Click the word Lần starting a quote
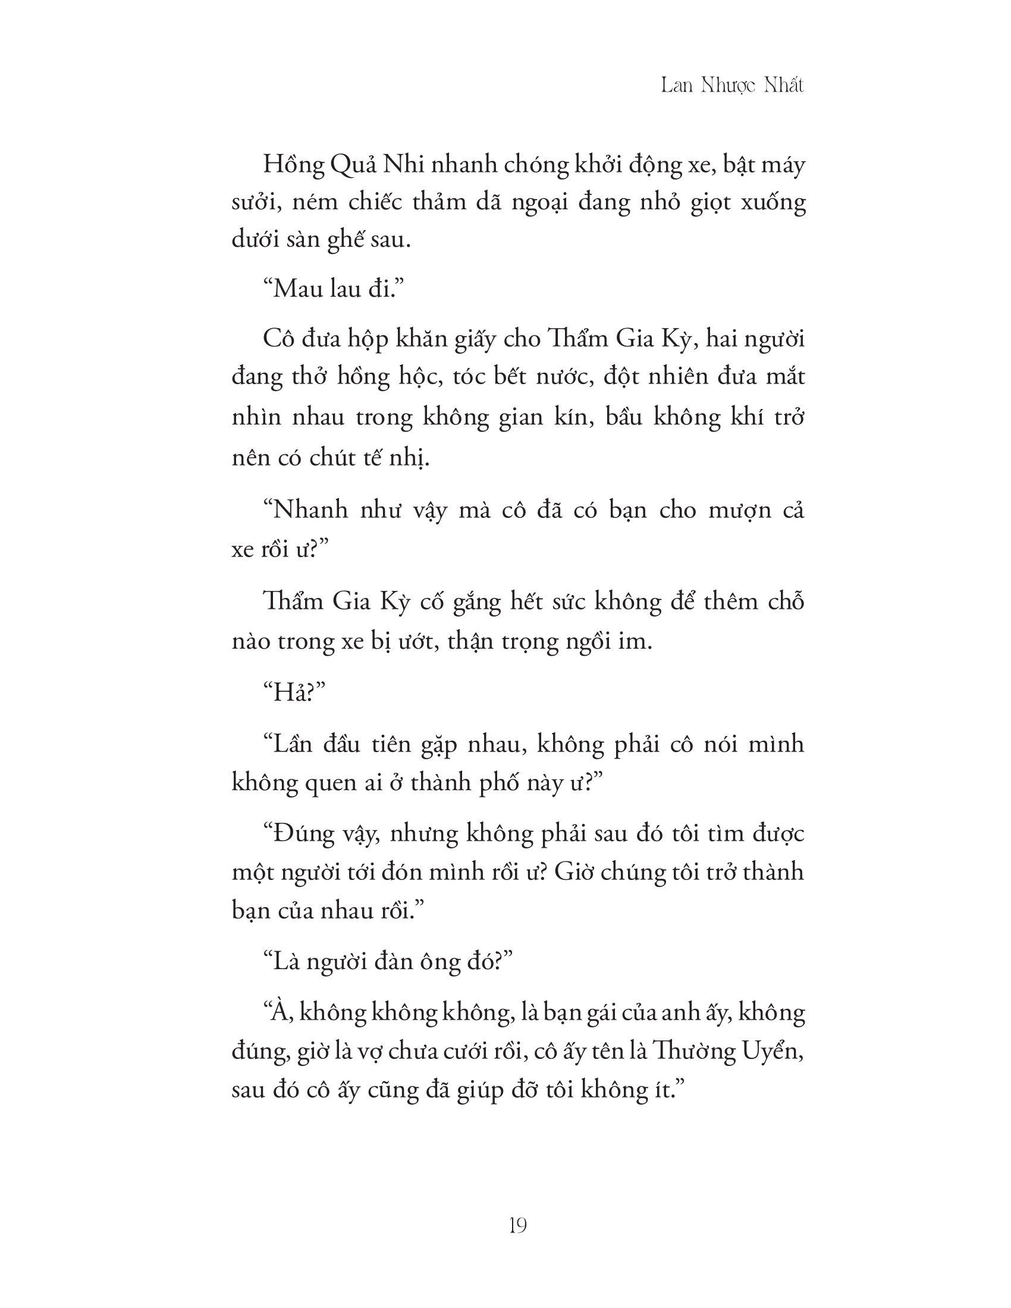click(296, 744)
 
